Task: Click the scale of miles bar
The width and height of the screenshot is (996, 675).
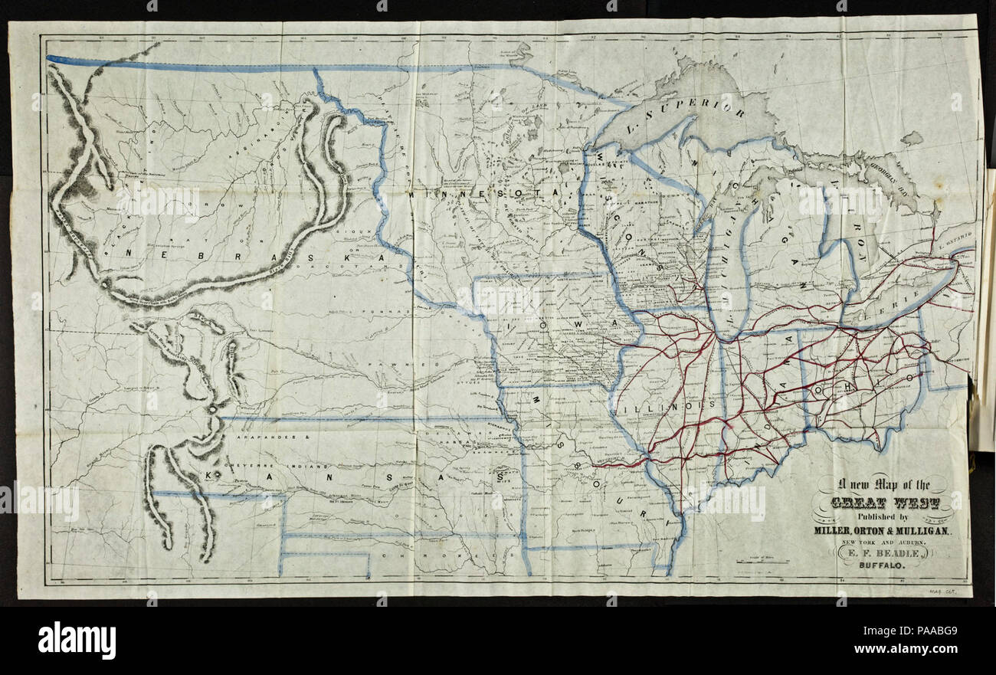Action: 762,562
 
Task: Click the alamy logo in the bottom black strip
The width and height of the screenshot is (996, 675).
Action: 77,641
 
